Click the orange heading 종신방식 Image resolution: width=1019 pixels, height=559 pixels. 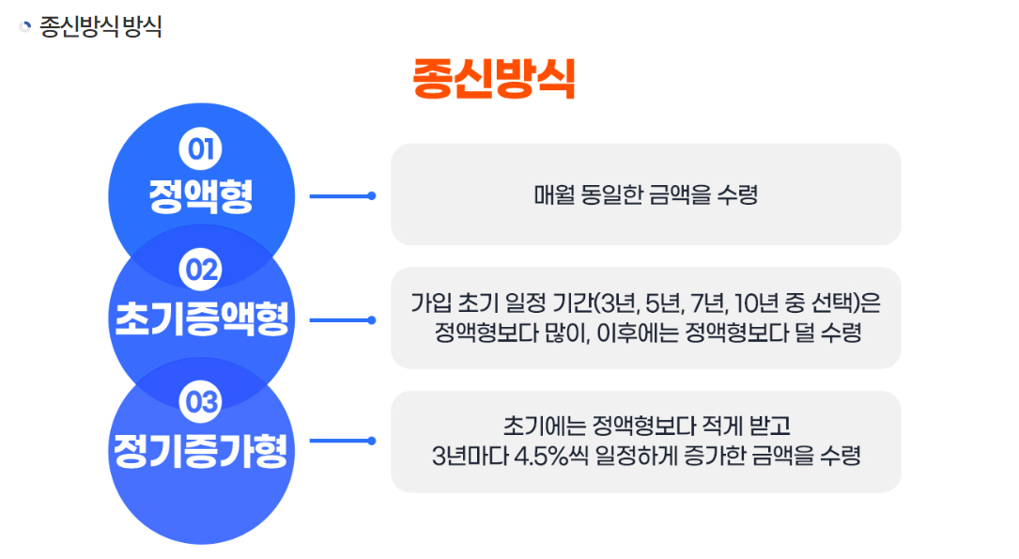tap(494, 80)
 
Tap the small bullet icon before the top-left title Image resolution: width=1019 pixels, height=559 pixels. tap(25, 26)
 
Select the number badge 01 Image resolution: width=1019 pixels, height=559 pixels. tap(200, 148)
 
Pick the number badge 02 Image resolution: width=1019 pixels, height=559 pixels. tap(200, 271)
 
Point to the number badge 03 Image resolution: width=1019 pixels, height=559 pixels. tap(200, 402)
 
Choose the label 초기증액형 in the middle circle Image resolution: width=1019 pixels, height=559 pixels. tap(200, 318)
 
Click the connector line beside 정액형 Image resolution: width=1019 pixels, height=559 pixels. tap(342, 195)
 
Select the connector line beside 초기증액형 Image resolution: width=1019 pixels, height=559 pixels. tap(342, 319)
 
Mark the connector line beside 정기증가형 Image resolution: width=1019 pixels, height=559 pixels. tap(342, 441)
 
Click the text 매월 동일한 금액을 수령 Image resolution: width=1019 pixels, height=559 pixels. tap(645, 195)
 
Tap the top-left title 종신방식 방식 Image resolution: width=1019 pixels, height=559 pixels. tap(100, 26)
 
